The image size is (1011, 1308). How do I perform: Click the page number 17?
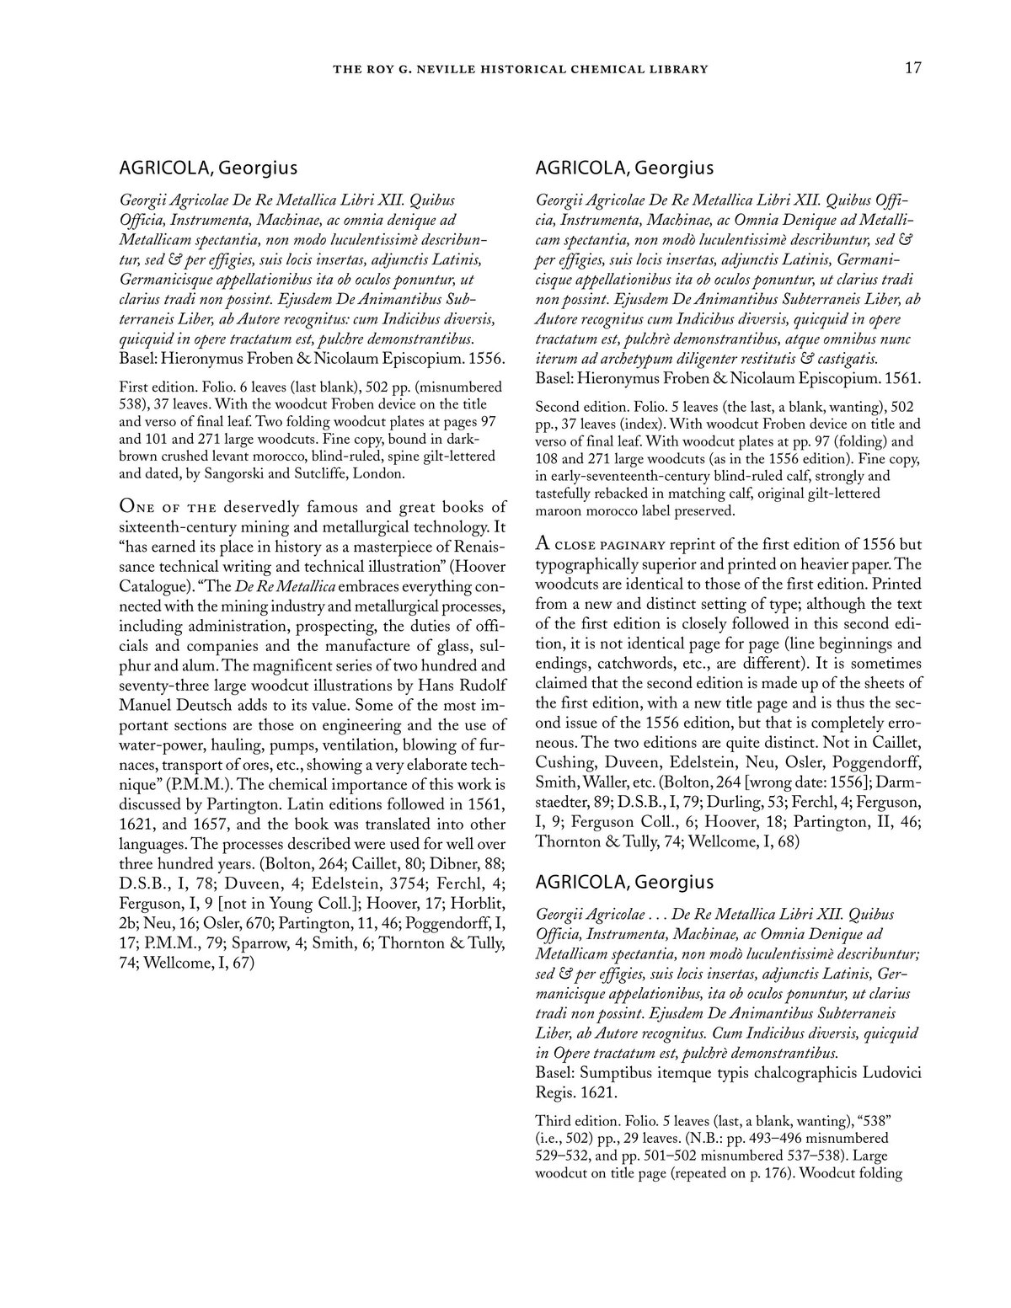coord(912,68)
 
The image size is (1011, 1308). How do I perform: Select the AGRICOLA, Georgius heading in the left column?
coord(208,168)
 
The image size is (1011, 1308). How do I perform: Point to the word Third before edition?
coord(555,1121)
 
